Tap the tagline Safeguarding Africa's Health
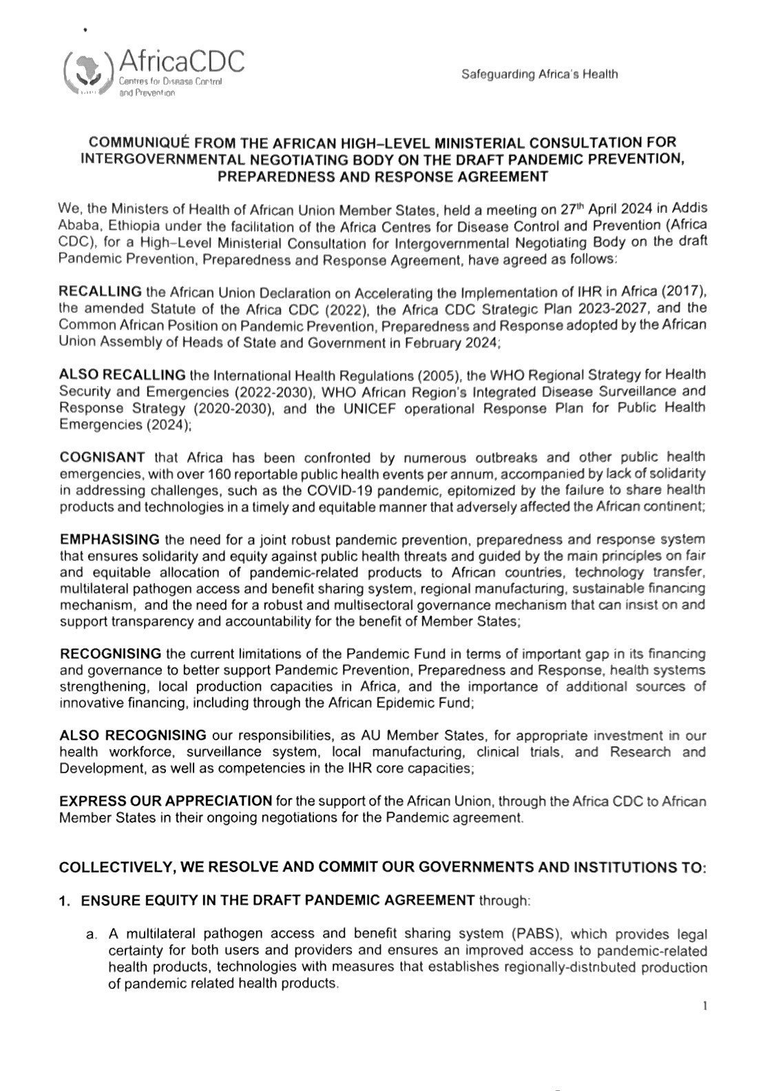539,74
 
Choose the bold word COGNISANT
102,457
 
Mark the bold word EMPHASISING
109,538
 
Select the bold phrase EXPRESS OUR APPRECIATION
166,801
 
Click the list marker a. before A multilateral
90,935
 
